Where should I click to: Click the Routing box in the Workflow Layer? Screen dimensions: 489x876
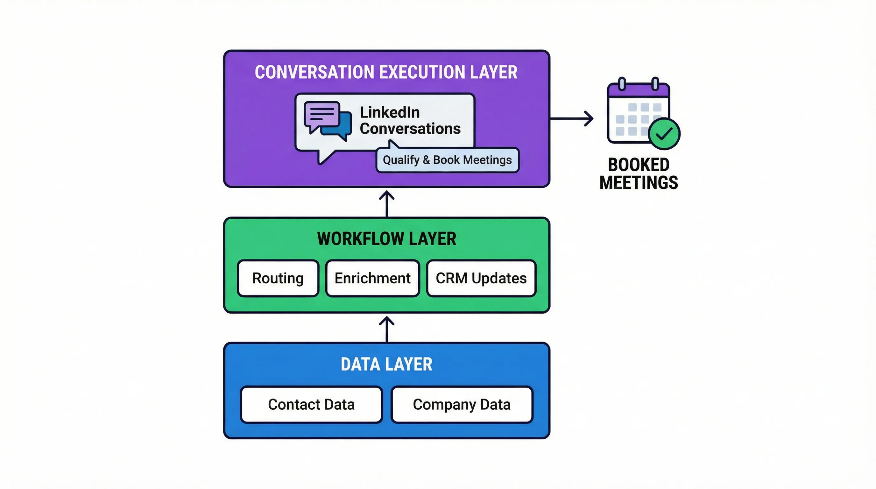click(278, 278)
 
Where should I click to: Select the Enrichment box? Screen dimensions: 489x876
click(372, 278)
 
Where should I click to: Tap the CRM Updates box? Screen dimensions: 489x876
click(481, 278)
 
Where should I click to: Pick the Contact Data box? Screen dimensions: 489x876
click(311, 404)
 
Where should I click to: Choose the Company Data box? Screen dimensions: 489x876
click(462, 404)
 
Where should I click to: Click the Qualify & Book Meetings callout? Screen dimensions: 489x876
click(447, 160)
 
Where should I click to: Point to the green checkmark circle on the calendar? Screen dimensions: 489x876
click(664, 134)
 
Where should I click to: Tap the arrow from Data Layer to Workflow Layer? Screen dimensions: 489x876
click(387, 329)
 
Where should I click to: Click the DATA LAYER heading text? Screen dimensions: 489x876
click(386, 364)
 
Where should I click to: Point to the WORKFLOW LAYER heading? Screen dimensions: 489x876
click(386, 238)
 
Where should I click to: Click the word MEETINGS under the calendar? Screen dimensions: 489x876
click(639, 183)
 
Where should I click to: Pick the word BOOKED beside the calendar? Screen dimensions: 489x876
click(639, 165)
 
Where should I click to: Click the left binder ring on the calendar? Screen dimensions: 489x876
click(622, 84)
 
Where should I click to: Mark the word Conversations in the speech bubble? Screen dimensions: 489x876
click(410, 129)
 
